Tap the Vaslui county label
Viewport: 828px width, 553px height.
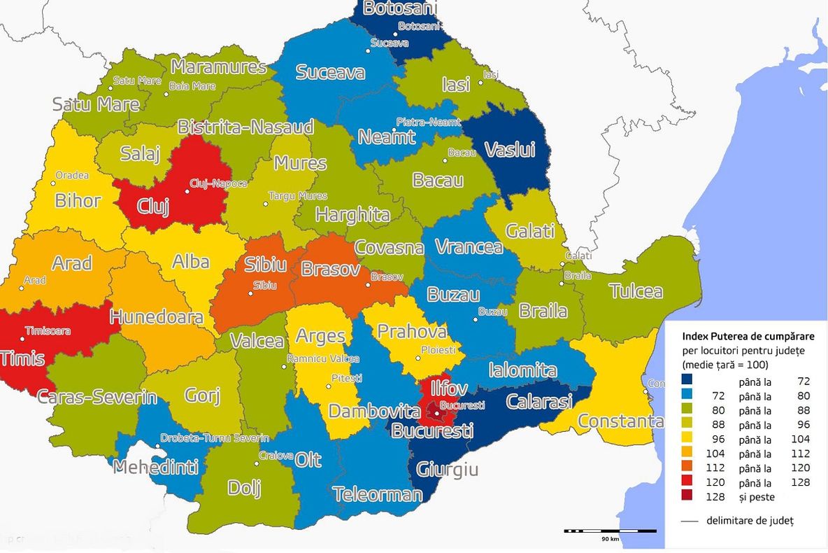point(510,150)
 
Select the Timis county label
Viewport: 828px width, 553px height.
point(21,359)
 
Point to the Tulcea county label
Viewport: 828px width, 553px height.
point(635,291)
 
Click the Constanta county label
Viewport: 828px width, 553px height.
point(620,421)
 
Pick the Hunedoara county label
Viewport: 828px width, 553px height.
point(156,316)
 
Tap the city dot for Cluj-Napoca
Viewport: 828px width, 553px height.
point(187,190)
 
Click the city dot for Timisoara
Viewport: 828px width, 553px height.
point(22,339)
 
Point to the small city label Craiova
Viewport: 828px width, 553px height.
point(276,455)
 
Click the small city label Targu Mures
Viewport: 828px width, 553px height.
point(297,196)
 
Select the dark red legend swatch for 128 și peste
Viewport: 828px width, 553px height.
point(688,496)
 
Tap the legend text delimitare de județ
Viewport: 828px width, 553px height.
point(750,520)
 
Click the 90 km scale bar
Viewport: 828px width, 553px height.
point(609,531)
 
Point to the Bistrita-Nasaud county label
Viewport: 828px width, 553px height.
point(245,127)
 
